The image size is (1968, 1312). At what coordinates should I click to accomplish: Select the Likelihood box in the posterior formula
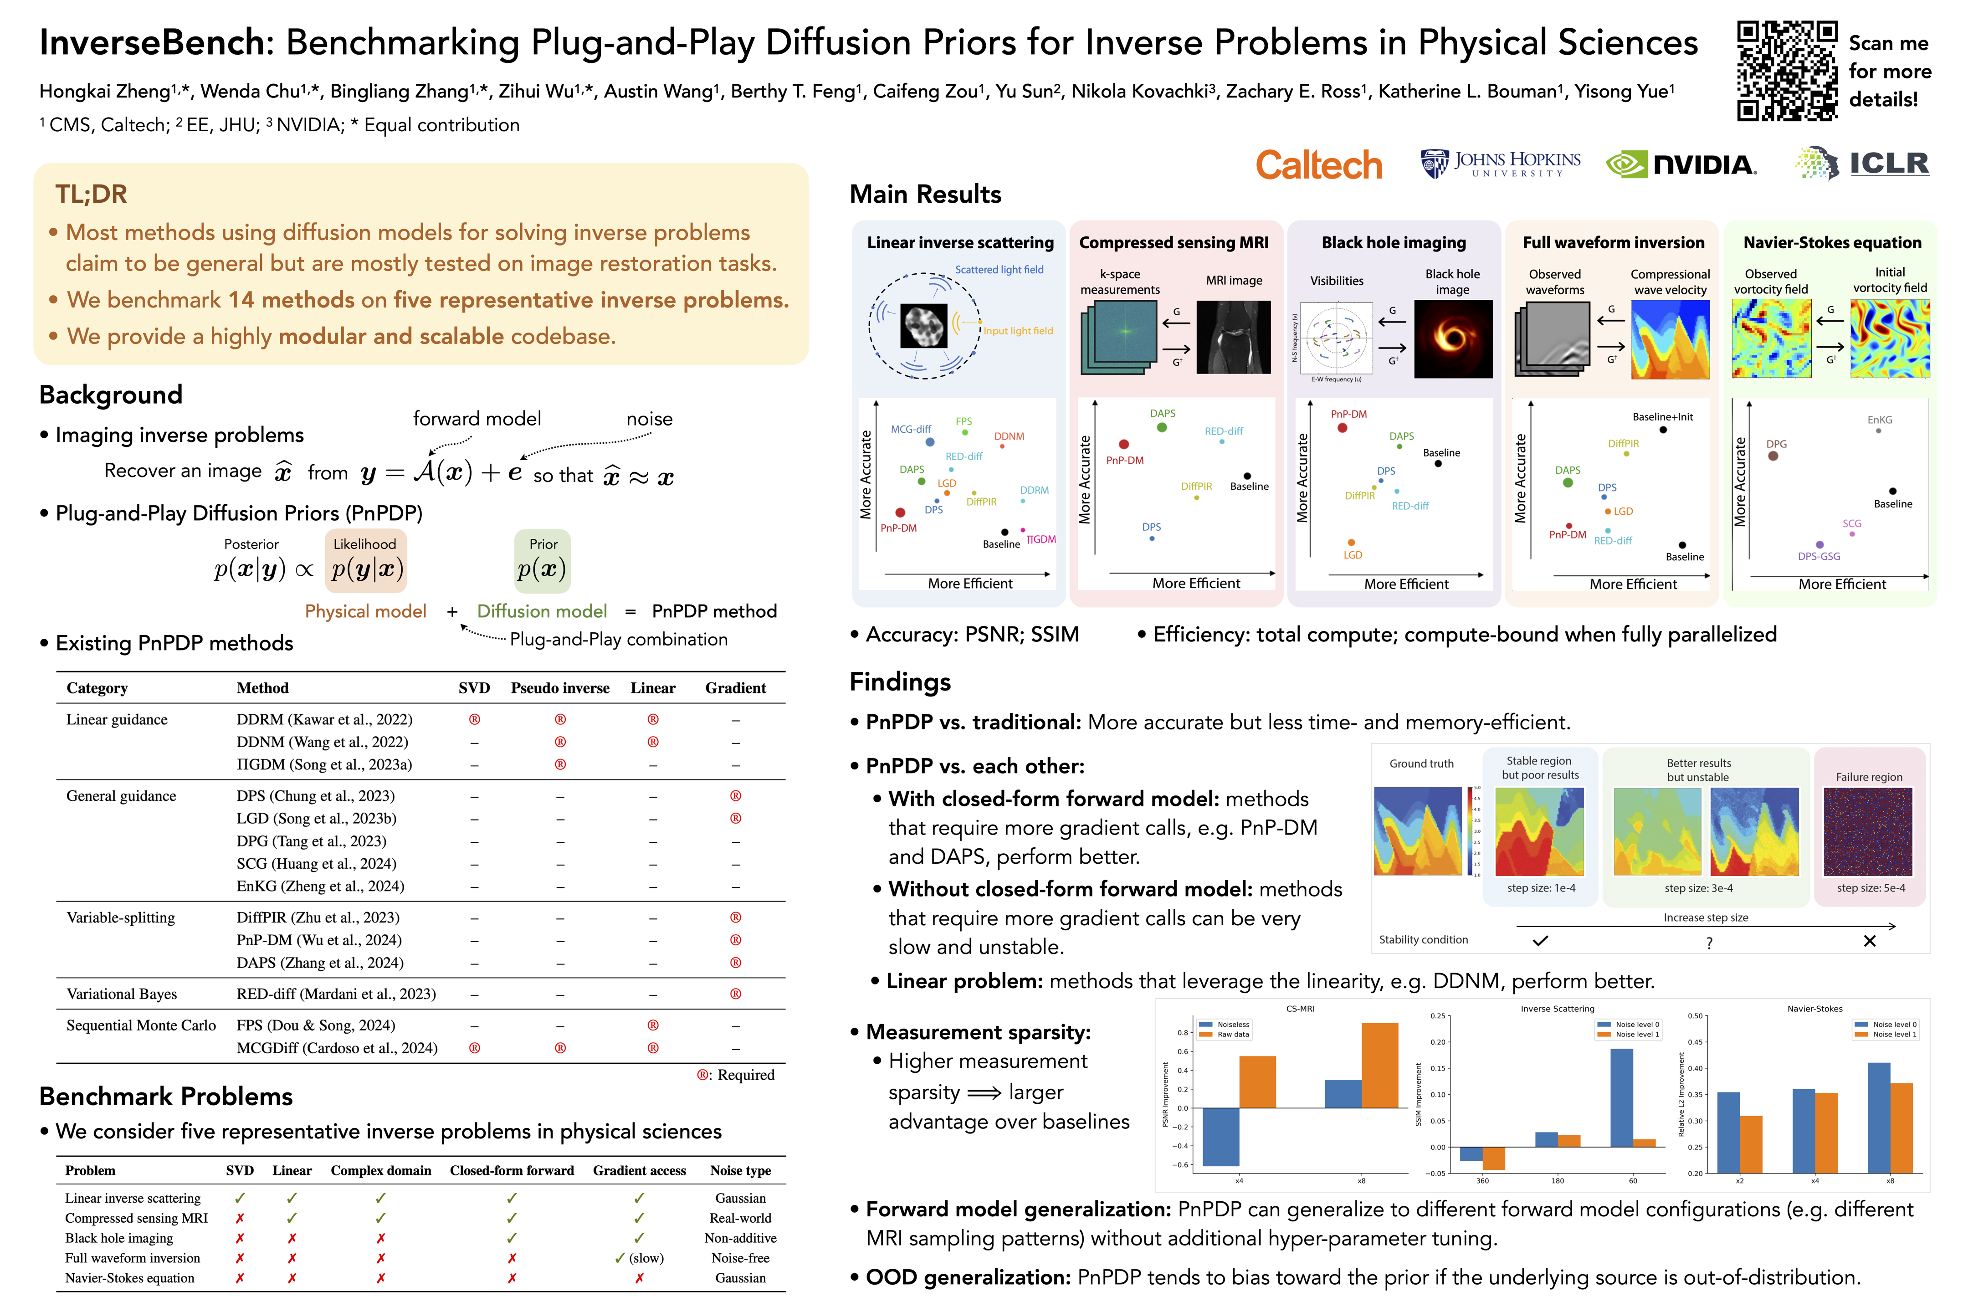pos(366,561)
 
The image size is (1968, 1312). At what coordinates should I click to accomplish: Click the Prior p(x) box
pos(542,561)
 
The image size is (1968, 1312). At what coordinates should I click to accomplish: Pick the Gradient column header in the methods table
pos(735,688)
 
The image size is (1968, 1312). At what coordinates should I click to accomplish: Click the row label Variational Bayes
pos(122,994)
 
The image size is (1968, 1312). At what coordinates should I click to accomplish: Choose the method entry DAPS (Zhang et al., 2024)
pos(320,963)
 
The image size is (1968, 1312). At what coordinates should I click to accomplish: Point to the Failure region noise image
pos(1868,832)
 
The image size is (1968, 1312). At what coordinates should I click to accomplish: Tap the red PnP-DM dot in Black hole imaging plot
pos(1342,428)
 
